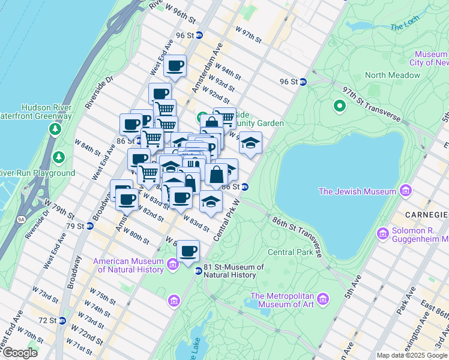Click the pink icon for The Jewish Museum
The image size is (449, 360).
[406, 191]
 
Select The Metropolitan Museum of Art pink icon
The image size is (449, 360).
[323, 299]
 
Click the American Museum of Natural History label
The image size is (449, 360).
[128, 265]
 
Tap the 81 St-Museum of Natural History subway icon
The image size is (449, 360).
[198, 271]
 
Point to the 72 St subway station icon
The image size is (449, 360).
[61, 322]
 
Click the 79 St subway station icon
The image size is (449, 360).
[89, 226]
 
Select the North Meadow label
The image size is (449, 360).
[393, 75]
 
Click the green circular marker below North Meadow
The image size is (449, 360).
[339, 106]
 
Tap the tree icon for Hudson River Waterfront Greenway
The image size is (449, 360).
[55, 129]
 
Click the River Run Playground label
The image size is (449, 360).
[36, 173]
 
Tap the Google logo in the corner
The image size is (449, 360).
[19, 353]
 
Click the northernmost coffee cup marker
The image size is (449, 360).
[175, 65]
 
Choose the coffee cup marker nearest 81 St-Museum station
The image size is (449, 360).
[188, 250]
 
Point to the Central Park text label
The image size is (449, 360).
[291, 252]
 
